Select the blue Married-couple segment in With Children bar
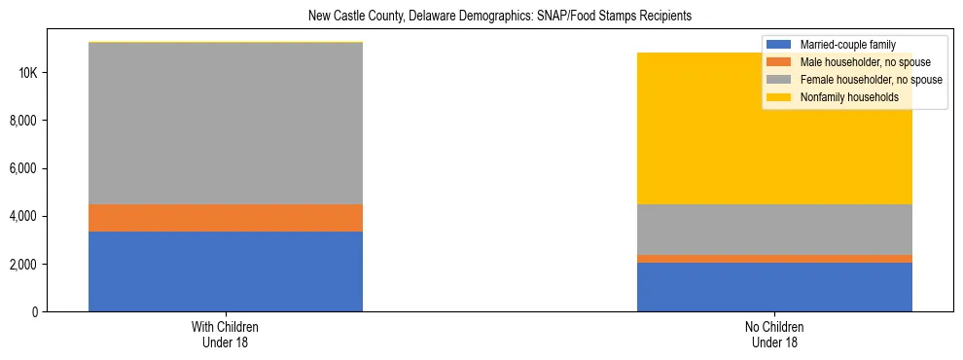pos(226,271)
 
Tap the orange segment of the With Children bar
pos(226,218)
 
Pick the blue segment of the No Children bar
pos(774,287)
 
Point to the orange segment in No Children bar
pos(774,259)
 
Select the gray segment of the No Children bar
pos(774,230)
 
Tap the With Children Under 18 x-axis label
pos(226,335)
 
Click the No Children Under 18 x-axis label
pos(774,335)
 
